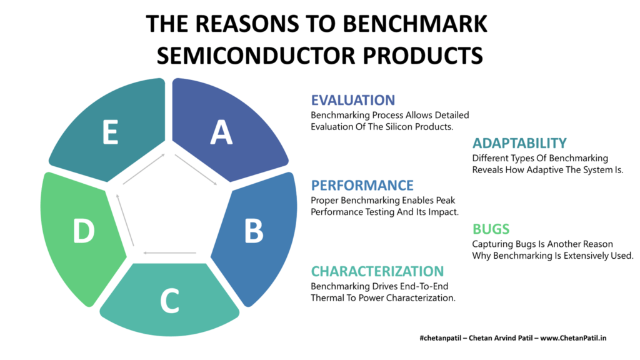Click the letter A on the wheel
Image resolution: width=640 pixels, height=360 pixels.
tap(221, 132)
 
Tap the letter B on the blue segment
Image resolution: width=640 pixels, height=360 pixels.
tap(254, 231)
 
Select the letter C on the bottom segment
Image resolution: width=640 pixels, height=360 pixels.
tap(169, 301)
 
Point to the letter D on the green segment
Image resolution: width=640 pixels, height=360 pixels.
tap(84, 231)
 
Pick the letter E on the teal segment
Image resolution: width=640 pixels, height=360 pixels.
tap(110, 132)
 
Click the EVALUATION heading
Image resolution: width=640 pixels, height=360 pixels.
tap(353, 100)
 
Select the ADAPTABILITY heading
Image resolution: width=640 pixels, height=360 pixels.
tap(519, 143)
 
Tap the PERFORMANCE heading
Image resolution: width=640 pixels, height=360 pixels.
tap(362, 185)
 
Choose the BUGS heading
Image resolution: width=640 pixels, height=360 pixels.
tap(491, 229)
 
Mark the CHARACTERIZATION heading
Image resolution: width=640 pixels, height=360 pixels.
tap(377, 271)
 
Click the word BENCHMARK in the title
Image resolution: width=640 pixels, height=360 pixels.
tap(415, 24)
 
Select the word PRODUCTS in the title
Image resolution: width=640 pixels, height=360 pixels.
tap(423, 56)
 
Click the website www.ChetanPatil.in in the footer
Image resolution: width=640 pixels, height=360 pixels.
tap(573, 338)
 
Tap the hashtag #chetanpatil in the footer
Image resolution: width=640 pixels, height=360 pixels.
tap(441, 338)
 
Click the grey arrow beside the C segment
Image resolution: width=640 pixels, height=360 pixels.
tap(170, 253)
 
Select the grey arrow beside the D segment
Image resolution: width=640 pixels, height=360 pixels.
tap(125, 219)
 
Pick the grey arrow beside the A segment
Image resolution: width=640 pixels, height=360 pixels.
tap(196, 169)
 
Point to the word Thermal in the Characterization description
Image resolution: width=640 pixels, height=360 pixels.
tap(327, 298)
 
